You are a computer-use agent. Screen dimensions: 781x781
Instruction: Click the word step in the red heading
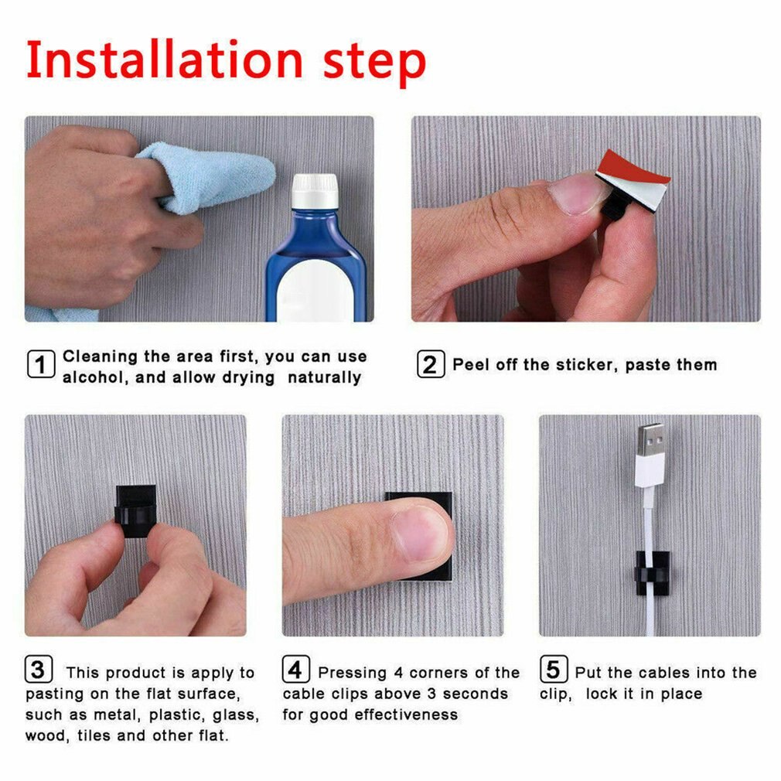pos(374,62)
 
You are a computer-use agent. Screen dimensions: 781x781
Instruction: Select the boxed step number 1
pos(41,363)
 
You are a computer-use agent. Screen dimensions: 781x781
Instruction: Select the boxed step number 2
pos(431,364)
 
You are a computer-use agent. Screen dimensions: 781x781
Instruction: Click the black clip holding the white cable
pos(651,574)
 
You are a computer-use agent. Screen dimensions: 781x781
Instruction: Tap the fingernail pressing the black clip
pos(421,534)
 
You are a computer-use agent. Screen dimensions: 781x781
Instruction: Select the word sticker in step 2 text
pos(585,365)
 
